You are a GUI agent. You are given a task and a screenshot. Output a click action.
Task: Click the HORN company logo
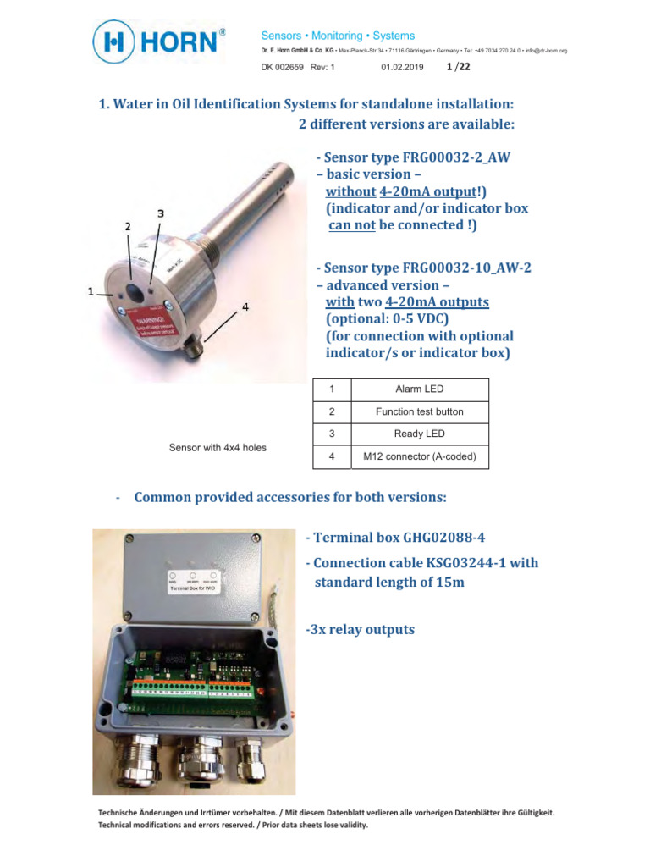click(x=158, y=43)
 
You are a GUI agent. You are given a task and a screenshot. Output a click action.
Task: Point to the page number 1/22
click(x=458, y=66)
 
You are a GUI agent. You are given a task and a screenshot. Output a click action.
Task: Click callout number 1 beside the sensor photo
click(x=90, y=291)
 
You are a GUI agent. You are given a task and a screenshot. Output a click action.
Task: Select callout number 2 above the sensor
click(x=128, y=226)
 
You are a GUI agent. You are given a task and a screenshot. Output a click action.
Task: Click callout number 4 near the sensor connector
click(x=245, y=308)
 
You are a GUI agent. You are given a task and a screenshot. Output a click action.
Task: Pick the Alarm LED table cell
click(x=419, y=389)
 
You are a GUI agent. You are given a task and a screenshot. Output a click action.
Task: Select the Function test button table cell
click(x=419, y=412)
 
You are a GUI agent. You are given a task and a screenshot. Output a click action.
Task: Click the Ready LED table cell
click(x=419, y=434)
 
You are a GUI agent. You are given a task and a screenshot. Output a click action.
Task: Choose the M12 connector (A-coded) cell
click(x=419, y=457)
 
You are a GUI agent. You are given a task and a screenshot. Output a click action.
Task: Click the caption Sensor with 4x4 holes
click(x=218, y=448)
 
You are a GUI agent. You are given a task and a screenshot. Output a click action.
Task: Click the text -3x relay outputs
click(x=361, y=630)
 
